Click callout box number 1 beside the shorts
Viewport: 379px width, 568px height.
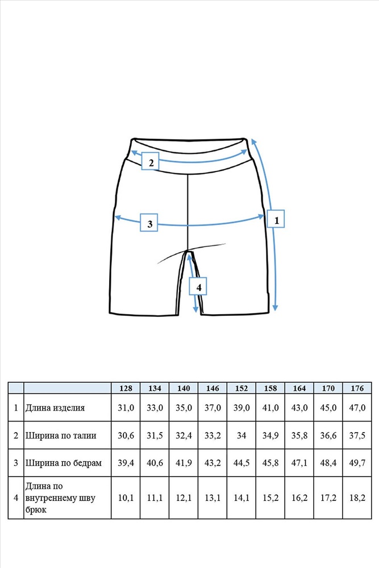tap(276, 219)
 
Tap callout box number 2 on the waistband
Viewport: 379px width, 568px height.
tap(150, 162)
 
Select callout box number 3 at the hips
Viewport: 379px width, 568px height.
tap(149, 223)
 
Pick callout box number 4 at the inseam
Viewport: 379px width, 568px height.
tap(198, 286)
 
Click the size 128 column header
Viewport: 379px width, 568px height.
tap(126, 389)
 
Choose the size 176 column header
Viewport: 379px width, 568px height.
tap(357, 389)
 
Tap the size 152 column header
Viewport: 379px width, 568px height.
tap(241, 389)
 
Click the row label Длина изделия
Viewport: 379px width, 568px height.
tap(55, 408)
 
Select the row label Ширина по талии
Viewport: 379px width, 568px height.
tap(60, 436)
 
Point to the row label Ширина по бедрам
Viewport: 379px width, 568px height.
tap(64, 463)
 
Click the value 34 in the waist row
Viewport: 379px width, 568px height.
tap(241, 436)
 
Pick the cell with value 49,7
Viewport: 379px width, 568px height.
tap(357, 463)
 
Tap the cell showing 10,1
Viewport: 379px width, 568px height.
tap(126, 498)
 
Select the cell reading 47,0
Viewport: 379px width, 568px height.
tap(357, 408)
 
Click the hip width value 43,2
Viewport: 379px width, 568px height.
tap(213, 463)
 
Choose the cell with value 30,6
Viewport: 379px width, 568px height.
tap(126, 436)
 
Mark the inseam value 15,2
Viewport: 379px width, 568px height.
tap(270, 498)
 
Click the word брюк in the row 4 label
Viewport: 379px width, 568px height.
tap(36, 509)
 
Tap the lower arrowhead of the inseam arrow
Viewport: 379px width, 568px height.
tap(195, 309)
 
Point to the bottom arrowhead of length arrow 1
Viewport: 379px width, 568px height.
tap(276, 307)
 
